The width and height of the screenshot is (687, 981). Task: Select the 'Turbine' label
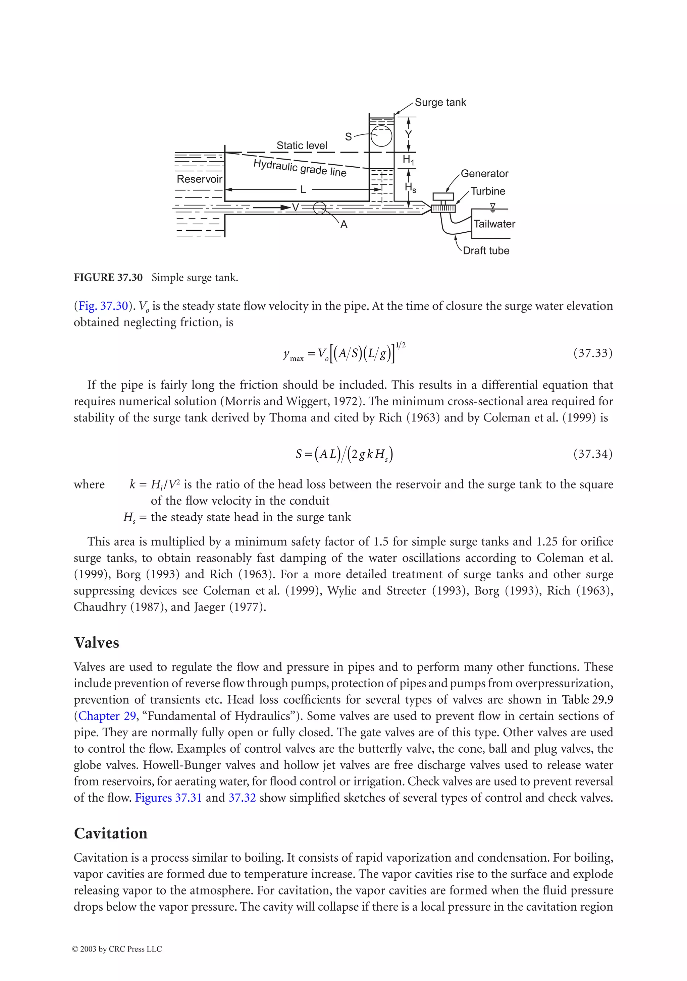pos(487,191)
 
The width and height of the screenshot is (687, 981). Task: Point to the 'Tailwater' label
pos(494,224)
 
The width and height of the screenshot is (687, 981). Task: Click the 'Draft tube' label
pos(486,251)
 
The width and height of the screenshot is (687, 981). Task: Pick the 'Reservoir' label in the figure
pos(199,179)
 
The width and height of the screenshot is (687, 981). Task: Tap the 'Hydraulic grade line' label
pos(300,168)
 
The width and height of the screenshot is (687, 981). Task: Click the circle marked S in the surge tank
pos(381,137)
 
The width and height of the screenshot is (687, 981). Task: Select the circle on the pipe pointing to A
pos(319,208)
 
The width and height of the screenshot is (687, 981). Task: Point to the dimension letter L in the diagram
pos(303,190)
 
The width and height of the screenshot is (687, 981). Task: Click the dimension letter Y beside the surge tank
pos(408,134)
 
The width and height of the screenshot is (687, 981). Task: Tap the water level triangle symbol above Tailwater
pos(492,207)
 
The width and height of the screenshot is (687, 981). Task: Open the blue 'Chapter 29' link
pos(107,716)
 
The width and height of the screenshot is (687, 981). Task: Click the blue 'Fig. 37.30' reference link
pos(103,306)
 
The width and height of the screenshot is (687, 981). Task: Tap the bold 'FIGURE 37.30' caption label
pos(108,278)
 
